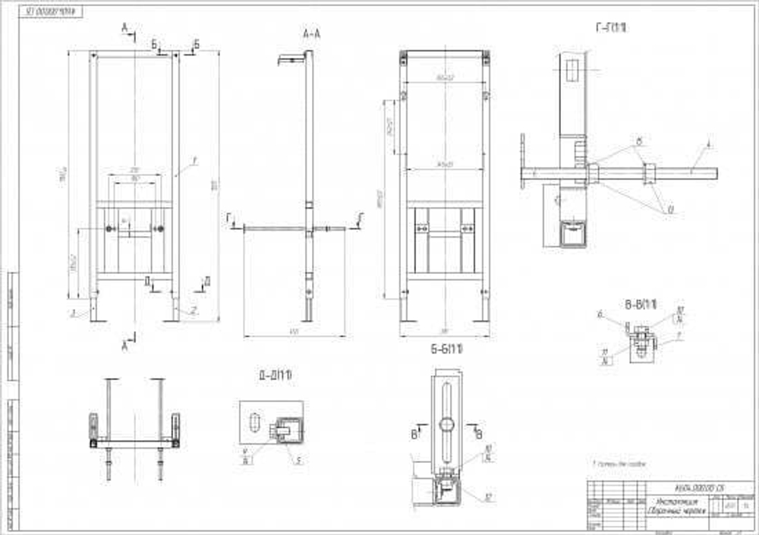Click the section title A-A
coord(310,33)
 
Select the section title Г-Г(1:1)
coord(612,28)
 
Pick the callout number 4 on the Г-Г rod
coord(708,143)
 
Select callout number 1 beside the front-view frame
coord(195,159)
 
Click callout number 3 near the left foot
coord(73,312)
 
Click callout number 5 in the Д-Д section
coord(299,459)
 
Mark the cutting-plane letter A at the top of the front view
coord(124,28)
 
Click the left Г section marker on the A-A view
coord(228,218)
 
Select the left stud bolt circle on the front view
coord(112,228)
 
